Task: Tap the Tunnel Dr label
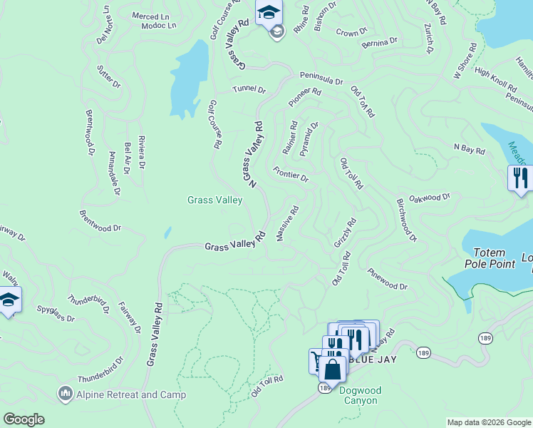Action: tap(249, 91)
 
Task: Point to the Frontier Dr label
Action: tap(291, 174)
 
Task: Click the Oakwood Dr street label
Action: tap(432, 198)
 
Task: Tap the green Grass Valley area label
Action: tap(214, 200)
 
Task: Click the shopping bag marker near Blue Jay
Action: tap(332, 369)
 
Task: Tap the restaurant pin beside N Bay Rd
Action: tap(520, 178)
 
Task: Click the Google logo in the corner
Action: tap(24, 419)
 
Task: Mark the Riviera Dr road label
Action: tap(141, 152)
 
